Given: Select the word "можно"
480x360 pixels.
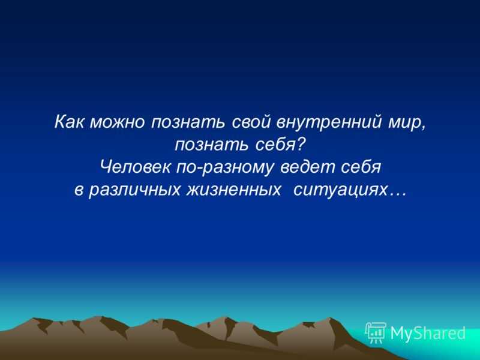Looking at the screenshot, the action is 118,123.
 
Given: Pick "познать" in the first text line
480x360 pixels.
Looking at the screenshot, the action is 189,123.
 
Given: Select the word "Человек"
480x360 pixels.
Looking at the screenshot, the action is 135,167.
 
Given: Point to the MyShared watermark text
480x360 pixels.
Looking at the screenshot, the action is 428,333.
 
